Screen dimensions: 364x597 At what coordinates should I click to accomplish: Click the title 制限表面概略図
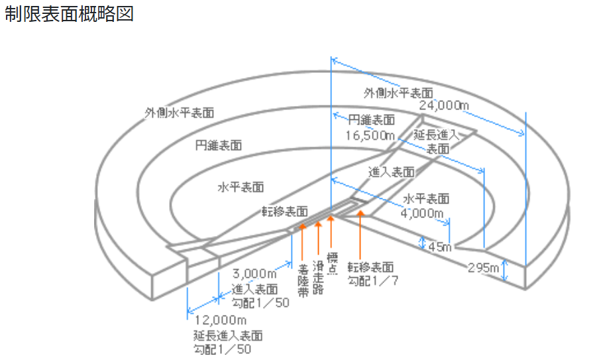click(69, 14)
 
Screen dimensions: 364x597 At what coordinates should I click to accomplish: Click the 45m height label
click(440, 247)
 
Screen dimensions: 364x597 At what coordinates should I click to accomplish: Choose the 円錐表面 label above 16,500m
click(371, 121)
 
